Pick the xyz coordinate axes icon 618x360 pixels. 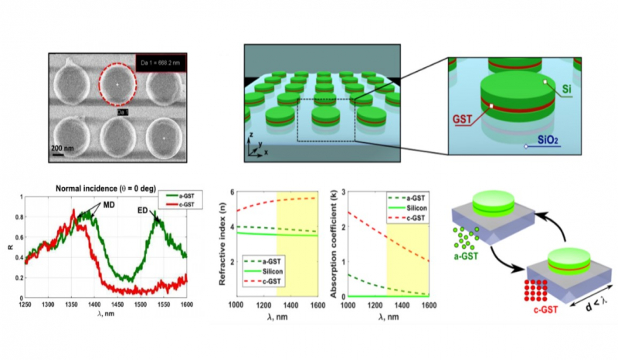coord(254,148)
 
